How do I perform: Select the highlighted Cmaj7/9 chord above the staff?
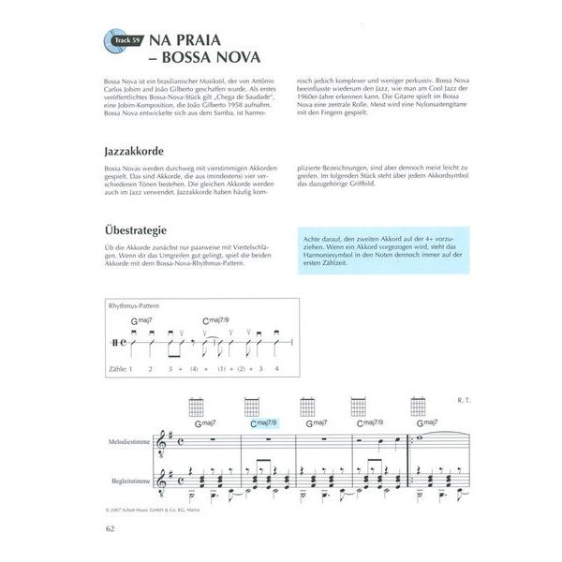pos(266,422)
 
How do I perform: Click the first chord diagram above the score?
pos(197,407)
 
